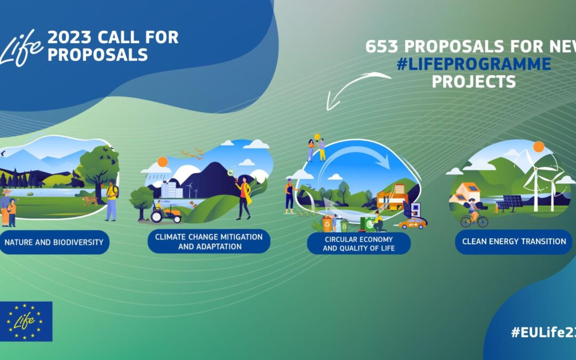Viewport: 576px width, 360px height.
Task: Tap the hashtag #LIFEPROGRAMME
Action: coord(474,64)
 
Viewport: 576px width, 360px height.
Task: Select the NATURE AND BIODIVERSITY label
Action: coord(54,242)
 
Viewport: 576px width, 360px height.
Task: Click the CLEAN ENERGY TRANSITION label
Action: coord(514,241)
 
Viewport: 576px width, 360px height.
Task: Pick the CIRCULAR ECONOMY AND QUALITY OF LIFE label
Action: coord(359,243)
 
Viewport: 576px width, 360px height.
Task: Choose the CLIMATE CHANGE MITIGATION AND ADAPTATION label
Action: coord(209,241)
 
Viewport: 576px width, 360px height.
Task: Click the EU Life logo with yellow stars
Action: coord(26,321)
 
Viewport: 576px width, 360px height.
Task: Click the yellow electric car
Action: coord(412,223)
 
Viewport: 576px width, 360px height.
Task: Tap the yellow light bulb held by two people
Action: coord(317,137)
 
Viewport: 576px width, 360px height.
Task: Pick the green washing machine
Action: coord(367,222)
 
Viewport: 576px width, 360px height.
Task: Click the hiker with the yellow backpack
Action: coord(111,200)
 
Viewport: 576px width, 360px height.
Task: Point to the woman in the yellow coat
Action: coord(244,197)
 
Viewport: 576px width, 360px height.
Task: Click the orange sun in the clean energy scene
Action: coord(538,147)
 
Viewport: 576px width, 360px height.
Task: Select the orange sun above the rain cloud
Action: coord(163,162)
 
